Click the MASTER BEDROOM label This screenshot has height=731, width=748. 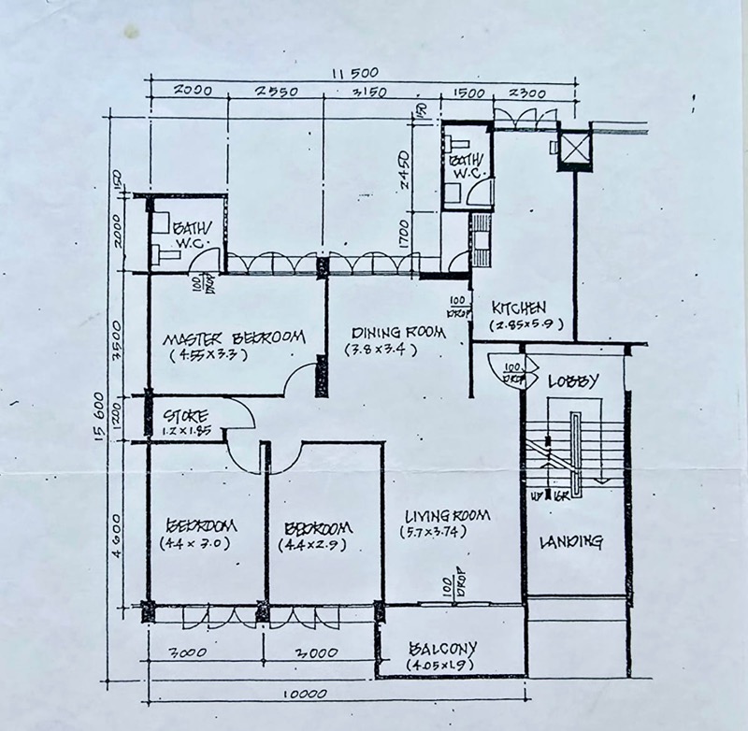coord(234,337)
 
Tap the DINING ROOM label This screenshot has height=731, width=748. coord(391,333)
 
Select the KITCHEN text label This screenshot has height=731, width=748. coord(519,308)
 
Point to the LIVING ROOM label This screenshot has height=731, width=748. coord(448,516)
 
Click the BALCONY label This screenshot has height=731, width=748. coord(443,648)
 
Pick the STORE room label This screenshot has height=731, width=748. coord(185,415)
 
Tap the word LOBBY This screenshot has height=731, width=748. coord(571,381)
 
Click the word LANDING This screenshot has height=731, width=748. coord(570,541)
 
